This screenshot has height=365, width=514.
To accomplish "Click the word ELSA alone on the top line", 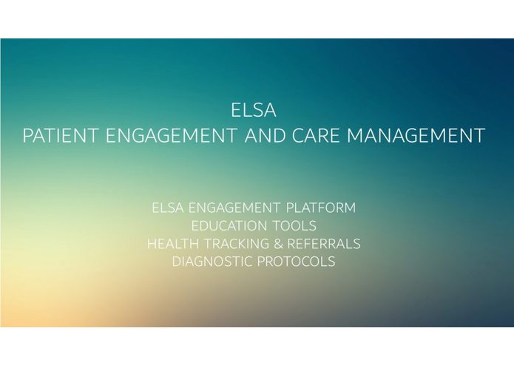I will (254, 111).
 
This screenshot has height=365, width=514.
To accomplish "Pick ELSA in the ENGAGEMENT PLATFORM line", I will (166, 208).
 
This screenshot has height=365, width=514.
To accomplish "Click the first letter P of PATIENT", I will (28, 136).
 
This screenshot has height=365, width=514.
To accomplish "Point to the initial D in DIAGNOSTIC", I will (176, 262).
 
